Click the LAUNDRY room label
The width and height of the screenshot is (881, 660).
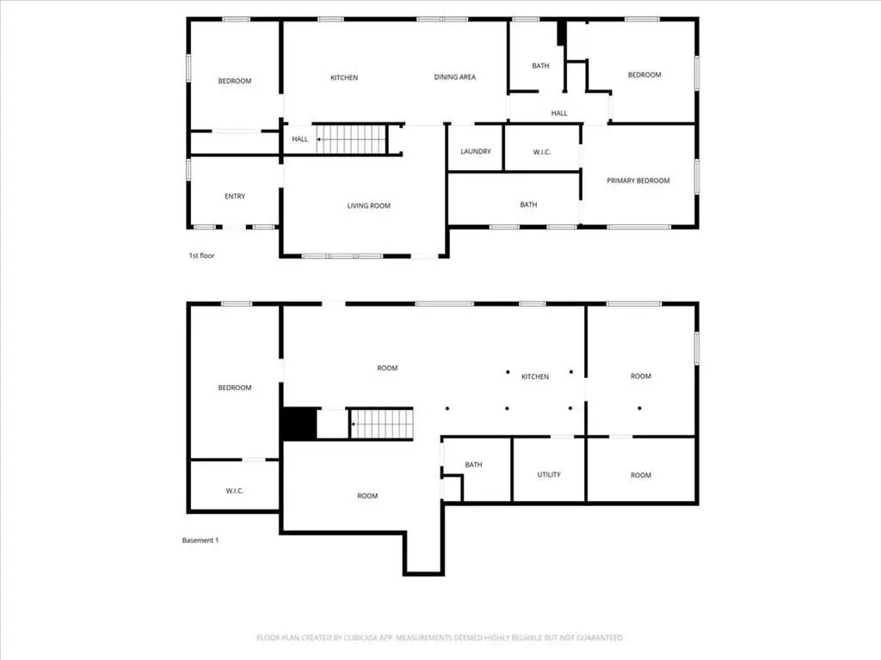pos(475,151)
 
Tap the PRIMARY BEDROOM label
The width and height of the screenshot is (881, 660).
pos(638,180)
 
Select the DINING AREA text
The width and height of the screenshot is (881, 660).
pos(455,77)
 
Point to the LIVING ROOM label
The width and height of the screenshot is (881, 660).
pos(368,206)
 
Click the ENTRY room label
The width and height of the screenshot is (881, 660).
pos(235,197)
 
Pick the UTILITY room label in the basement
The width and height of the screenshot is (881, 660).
pos(549,474)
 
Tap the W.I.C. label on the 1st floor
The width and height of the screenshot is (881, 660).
pos(542,152)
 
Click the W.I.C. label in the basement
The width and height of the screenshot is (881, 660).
pos(235,491)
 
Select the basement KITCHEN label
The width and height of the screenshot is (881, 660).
pos(535,376)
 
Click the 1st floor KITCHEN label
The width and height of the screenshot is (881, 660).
pos(344,78)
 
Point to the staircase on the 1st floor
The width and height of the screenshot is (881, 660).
pos(352,139)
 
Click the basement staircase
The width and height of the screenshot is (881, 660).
pos(382,424)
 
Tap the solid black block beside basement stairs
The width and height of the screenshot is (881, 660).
pos(299,424)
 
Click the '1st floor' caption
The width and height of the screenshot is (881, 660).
pos(201,256)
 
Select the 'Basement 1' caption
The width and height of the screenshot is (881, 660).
pos(200,541)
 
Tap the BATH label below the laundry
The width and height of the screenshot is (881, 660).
pos(528,205)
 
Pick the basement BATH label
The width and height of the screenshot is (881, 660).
pos(474,465)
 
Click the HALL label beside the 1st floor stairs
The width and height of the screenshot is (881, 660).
pos(300,139)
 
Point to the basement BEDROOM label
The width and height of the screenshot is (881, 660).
pos(235,388)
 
